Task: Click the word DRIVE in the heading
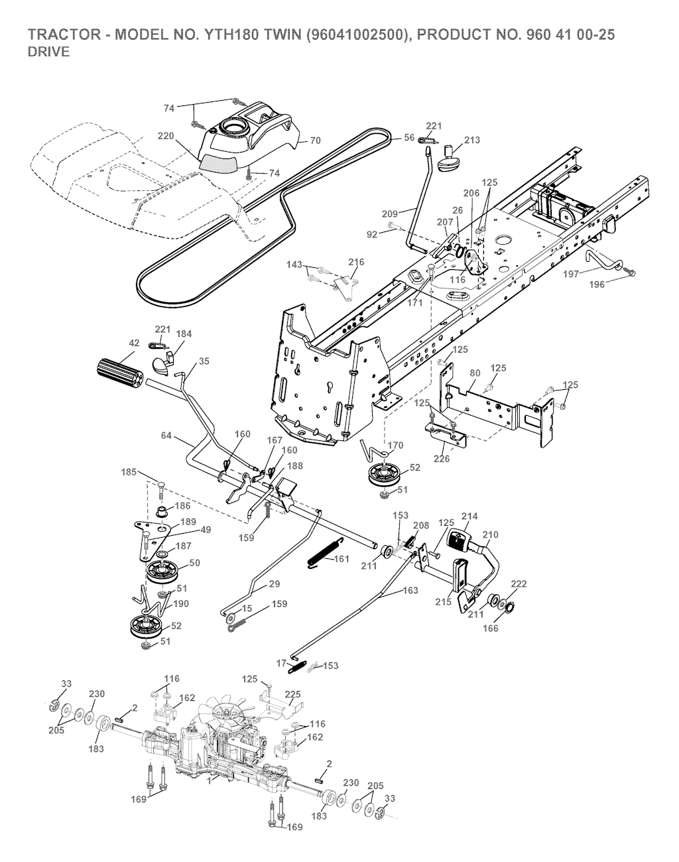pyautogui.click(x=48, y=52)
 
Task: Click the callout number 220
pyautogui.click(x=166, y=136)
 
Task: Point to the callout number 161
pyautogui.click(x=341, y=559)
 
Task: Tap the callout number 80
pyautogui.click(x=475, y=373)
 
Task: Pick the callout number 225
pyautogui.click(x=292, y=694)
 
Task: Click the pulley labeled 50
pyautogui.click(x=159, y=571)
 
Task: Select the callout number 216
pyautogui.click(x=357, y=262)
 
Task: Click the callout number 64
pyautogui.click(x=166, y=435)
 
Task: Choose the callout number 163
pyautogui.click(x=410, y=590)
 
